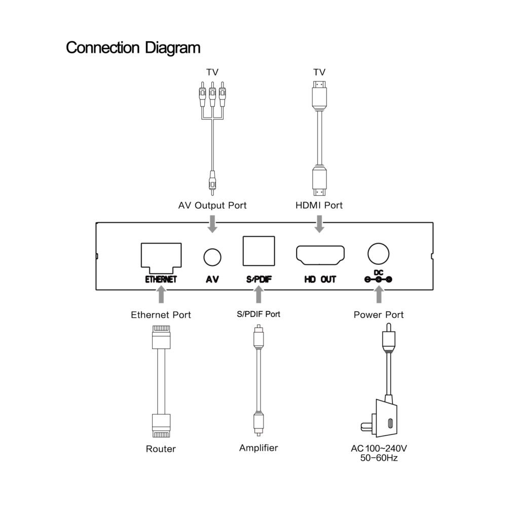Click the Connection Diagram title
coord(133,48)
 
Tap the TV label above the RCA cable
coord(212,72)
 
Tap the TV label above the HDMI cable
coord(319,72)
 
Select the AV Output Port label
coord(212,205)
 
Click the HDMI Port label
coord(319,205)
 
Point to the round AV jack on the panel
coord(212,257)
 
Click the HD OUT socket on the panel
coord(320,256)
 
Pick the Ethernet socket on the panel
coord(161,255)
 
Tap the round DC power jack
coord(378,251)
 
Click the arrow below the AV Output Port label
coord(212,223)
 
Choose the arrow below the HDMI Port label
coord(319,223)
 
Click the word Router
coord(161,449)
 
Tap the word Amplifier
coord(258,448)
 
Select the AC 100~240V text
coord(379,449)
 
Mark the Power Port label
coord(379,315)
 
